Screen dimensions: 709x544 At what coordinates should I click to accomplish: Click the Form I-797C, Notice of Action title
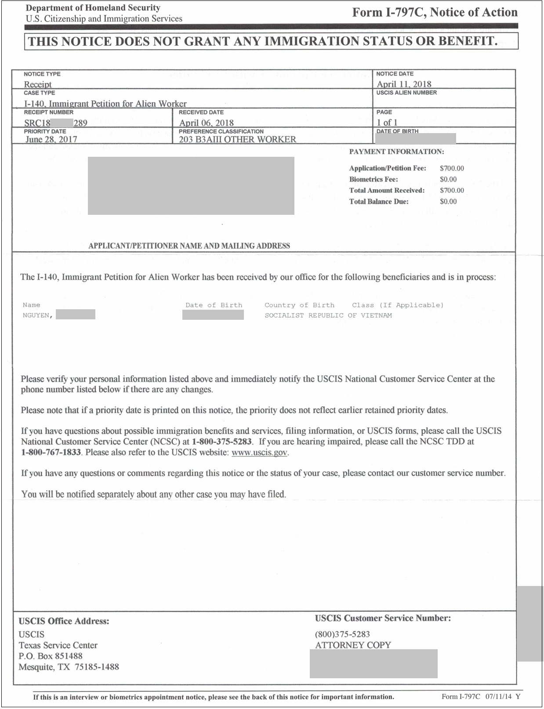pyautogui.click(x=435, y=12)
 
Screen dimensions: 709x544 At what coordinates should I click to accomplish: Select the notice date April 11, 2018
pyautogui.click(x=404, y=84)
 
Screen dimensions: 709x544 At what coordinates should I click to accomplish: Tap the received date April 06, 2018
pyautogui.click(x=206, y=123)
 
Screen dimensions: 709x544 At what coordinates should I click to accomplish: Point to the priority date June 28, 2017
pyautogui.click(x=51, y=139)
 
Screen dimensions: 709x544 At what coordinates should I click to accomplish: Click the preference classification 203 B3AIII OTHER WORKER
pyautogui.click(x=237, y=139)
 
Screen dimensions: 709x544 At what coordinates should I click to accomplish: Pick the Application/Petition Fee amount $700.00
pyautogui.click(x=452, y=168)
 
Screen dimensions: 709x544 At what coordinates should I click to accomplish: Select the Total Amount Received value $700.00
pyautogui.click(x=452, y=190)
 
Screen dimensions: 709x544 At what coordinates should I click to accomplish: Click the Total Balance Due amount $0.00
pyautogui.click(x=448, y=201)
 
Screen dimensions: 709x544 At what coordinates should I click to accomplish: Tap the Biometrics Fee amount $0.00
pyautogui.click(x=448, y=179)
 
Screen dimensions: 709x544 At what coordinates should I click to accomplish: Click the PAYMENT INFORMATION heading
pyautogui.click(x=396, y=152)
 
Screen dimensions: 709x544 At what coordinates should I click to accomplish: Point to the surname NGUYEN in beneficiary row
pyautogui.click(x=36, y=315)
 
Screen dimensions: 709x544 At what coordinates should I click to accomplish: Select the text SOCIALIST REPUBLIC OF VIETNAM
pyautogui.click(x=328, y=315)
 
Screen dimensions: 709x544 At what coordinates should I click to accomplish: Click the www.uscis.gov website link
pyautogui.click(x=260, y=452)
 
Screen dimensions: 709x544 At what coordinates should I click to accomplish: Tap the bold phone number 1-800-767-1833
pyautogui.click(x=51, y=452)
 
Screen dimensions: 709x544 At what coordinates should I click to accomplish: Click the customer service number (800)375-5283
pyautogui.click(x=342, y=634)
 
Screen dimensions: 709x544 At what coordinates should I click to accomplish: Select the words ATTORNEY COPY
pyautogui.click(x=353, y=645)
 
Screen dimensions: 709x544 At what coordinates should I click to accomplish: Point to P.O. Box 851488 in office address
pyautogui.click(x=51, y=656)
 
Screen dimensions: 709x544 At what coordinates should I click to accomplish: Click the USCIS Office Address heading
pyautogui.click(x=64, y=621)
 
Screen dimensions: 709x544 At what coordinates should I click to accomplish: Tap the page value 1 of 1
pyautogui.click(x=387, y=123)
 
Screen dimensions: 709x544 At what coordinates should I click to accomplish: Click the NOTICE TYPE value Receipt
pyautogui.click(x=38, y=84)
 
